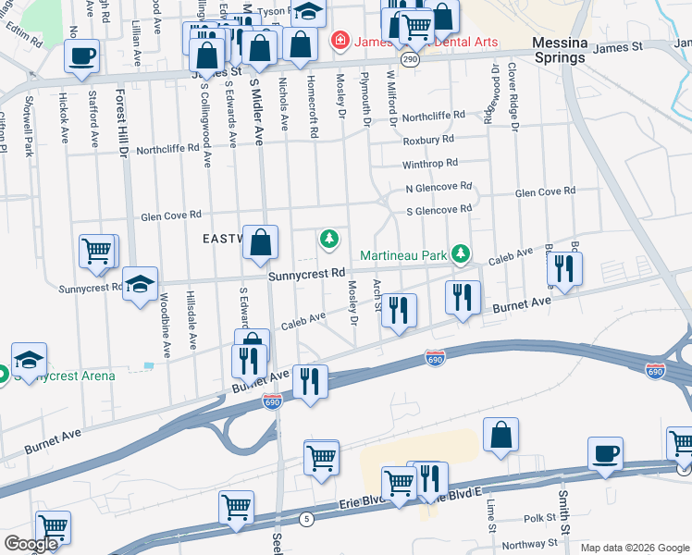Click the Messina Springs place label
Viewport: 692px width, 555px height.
(559, 50)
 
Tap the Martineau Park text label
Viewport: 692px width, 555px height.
(403, 255)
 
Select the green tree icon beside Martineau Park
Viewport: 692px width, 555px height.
(461, 254)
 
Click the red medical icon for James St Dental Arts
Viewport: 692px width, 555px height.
(340, 42)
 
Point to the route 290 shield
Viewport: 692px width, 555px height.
(411, 59)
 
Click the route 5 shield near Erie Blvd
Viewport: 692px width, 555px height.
(307, 519)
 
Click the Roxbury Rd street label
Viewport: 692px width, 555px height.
(427, 140)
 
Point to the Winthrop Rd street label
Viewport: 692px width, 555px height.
(430, 164)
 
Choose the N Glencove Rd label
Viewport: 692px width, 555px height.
(439, 187)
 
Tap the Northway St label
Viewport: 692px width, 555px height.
(531, 544)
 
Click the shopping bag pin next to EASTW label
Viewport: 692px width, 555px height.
(261, 243)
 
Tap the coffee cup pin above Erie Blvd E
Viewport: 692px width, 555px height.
(605, 454)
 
